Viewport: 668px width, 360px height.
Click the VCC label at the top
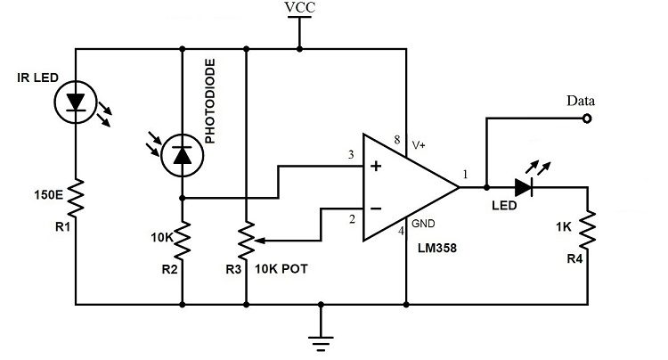pyautogui.click(x=299, y=9)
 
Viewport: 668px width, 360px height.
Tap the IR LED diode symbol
pyautogui.click(x=76, y=103)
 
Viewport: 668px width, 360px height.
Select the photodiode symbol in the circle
pyautogui.click(x=182, y=156)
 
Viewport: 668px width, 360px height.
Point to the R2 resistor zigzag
pyautogui.click(x=182, y=238)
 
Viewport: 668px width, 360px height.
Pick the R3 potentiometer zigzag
pyautogui.click(x=245, y=239)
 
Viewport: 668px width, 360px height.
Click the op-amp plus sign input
pyautogui.click(x=376, y=166)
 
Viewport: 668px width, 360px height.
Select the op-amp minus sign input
pyautogui.click(x=376, y=209)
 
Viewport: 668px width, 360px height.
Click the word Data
pyautogui.click(x=580, y=101)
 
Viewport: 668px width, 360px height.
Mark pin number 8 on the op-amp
pyautogui.click(x=395, y=140)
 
